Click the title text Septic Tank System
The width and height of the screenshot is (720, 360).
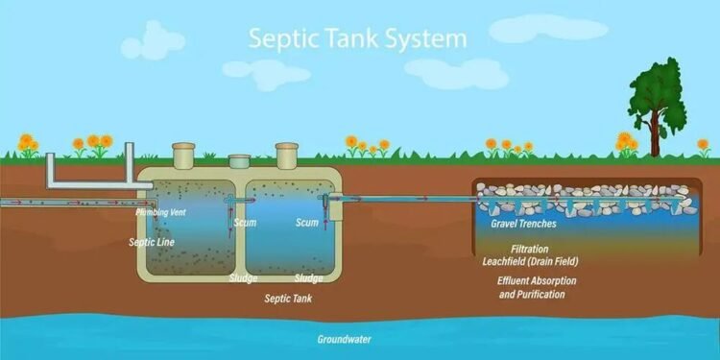coord(358,39)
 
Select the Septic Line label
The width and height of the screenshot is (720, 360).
coord(152,242)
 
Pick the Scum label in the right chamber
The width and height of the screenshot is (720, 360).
coord(307,222)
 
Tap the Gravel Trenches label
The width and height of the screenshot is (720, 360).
coord(516,224)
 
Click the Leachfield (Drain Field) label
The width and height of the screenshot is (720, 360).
coord(530,261)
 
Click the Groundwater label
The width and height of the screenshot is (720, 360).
coord(345,339)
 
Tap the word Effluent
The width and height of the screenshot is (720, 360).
coord(516,280)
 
